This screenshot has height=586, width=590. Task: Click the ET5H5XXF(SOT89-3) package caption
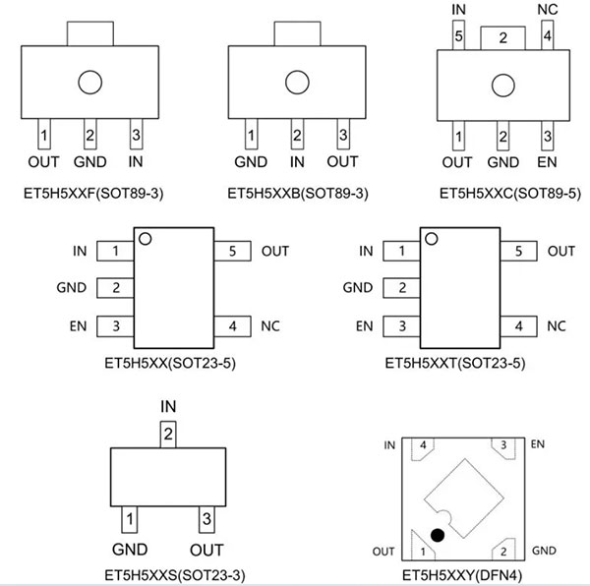[x=93, y=194]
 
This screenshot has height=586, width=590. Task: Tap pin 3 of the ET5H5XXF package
[x=137, y=135]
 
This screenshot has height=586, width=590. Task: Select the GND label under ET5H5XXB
[x=251, y=162]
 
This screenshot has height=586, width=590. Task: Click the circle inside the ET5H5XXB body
[x=297, y=82]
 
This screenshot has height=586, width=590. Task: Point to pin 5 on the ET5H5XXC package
[x=458, y=35]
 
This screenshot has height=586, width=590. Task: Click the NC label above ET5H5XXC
[x=548, y=10]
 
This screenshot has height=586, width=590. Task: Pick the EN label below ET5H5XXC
[x=547, y=162]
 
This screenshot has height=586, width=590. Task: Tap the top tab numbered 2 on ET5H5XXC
[x=502, y=38]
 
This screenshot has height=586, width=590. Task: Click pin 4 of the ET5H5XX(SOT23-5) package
[x=232, y=326]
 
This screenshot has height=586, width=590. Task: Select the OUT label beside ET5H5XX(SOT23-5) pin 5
[x=275, y=251]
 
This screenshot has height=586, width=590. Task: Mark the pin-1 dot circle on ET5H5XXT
[x=432, y=239]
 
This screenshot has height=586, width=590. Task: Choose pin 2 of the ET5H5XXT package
[x=401, y=288]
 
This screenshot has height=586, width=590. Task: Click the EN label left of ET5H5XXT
[x=364, y=326]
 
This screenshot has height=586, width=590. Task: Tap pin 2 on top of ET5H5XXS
[x=168, y=435]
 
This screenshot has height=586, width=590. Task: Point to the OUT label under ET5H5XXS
[x=206, y=550]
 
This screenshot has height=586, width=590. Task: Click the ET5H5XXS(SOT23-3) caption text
[x=175, y=575]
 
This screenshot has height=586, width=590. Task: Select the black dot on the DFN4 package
[x=438, y=535]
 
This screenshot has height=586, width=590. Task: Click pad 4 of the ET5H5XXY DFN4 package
[x=423, y=447]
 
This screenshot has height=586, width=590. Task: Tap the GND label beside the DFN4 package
[x=544, y=551]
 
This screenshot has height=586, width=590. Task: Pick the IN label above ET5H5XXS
[x=168, y=406]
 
